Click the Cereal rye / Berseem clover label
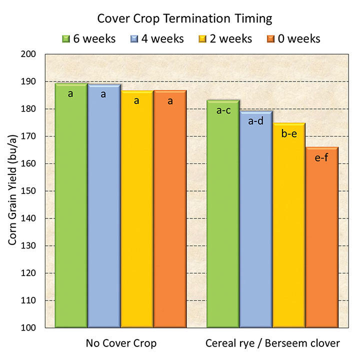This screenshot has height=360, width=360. pos(272,343)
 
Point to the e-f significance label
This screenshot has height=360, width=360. pos(322,158)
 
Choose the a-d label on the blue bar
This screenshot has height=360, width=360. pos(256,121)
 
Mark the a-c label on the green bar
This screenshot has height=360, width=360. pos(223,110)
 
